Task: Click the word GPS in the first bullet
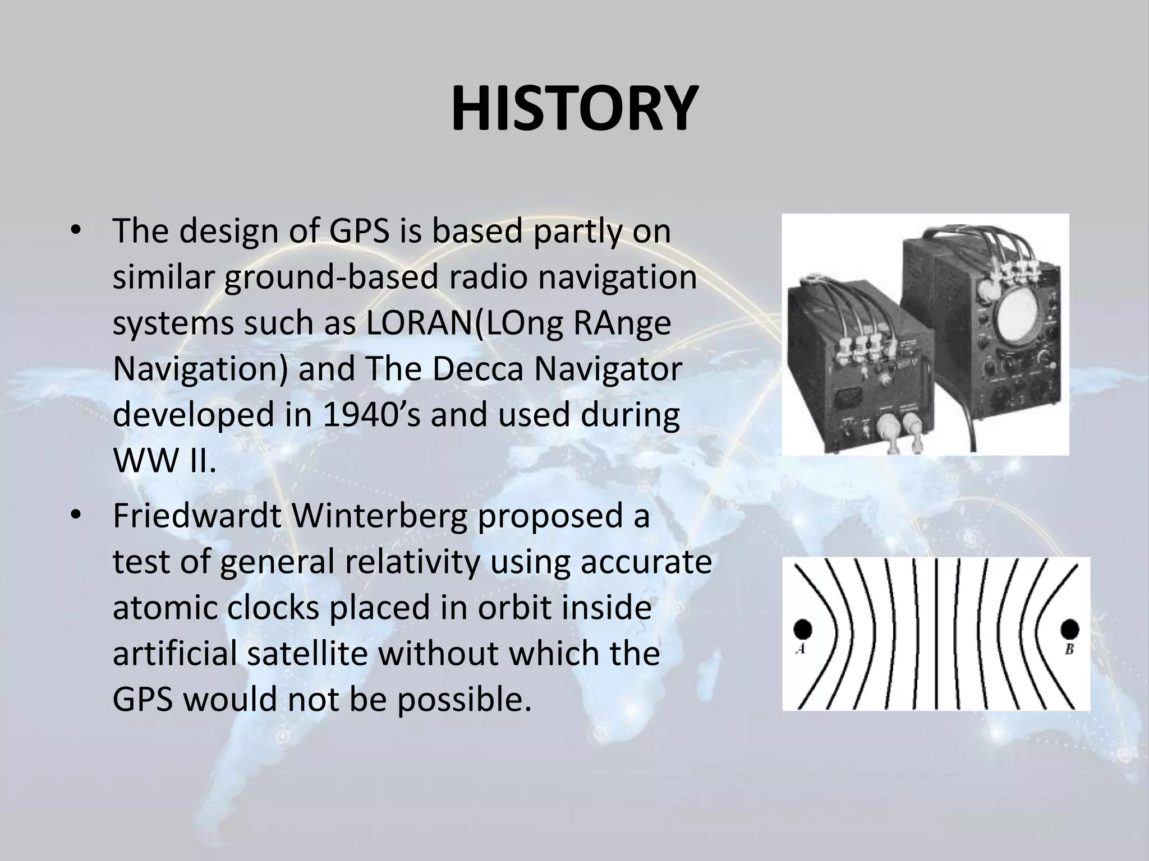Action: coord(359,231)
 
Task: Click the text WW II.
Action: coord(164,461)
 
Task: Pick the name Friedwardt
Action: coord(197,516)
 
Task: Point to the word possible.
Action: coord(463,700)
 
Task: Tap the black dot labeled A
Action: coord(803,629)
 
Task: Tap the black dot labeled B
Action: coord(1069,629)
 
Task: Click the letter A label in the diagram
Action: coord(801,650)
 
